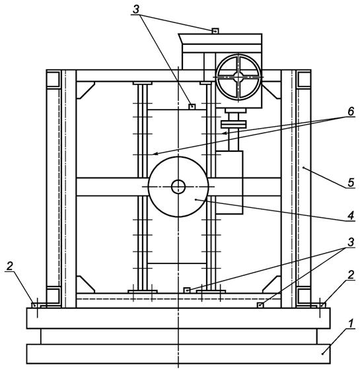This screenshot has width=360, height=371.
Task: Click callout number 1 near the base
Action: click(351, 323)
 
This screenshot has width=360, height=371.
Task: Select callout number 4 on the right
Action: click(351, 216)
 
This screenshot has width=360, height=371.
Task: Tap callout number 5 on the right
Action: click(351, 182)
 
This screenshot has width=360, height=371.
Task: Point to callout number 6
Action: click(351, 111)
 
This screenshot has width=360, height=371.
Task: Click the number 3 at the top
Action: click(136, 9)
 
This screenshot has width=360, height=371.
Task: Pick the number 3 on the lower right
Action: click(351, 242)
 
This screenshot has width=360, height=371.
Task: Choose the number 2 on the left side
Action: click(9, 267)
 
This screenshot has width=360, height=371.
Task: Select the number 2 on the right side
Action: click(351, 275)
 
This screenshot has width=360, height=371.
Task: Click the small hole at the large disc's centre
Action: click(178, 186)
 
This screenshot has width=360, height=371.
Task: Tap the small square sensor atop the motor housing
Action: click(215, 31)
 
